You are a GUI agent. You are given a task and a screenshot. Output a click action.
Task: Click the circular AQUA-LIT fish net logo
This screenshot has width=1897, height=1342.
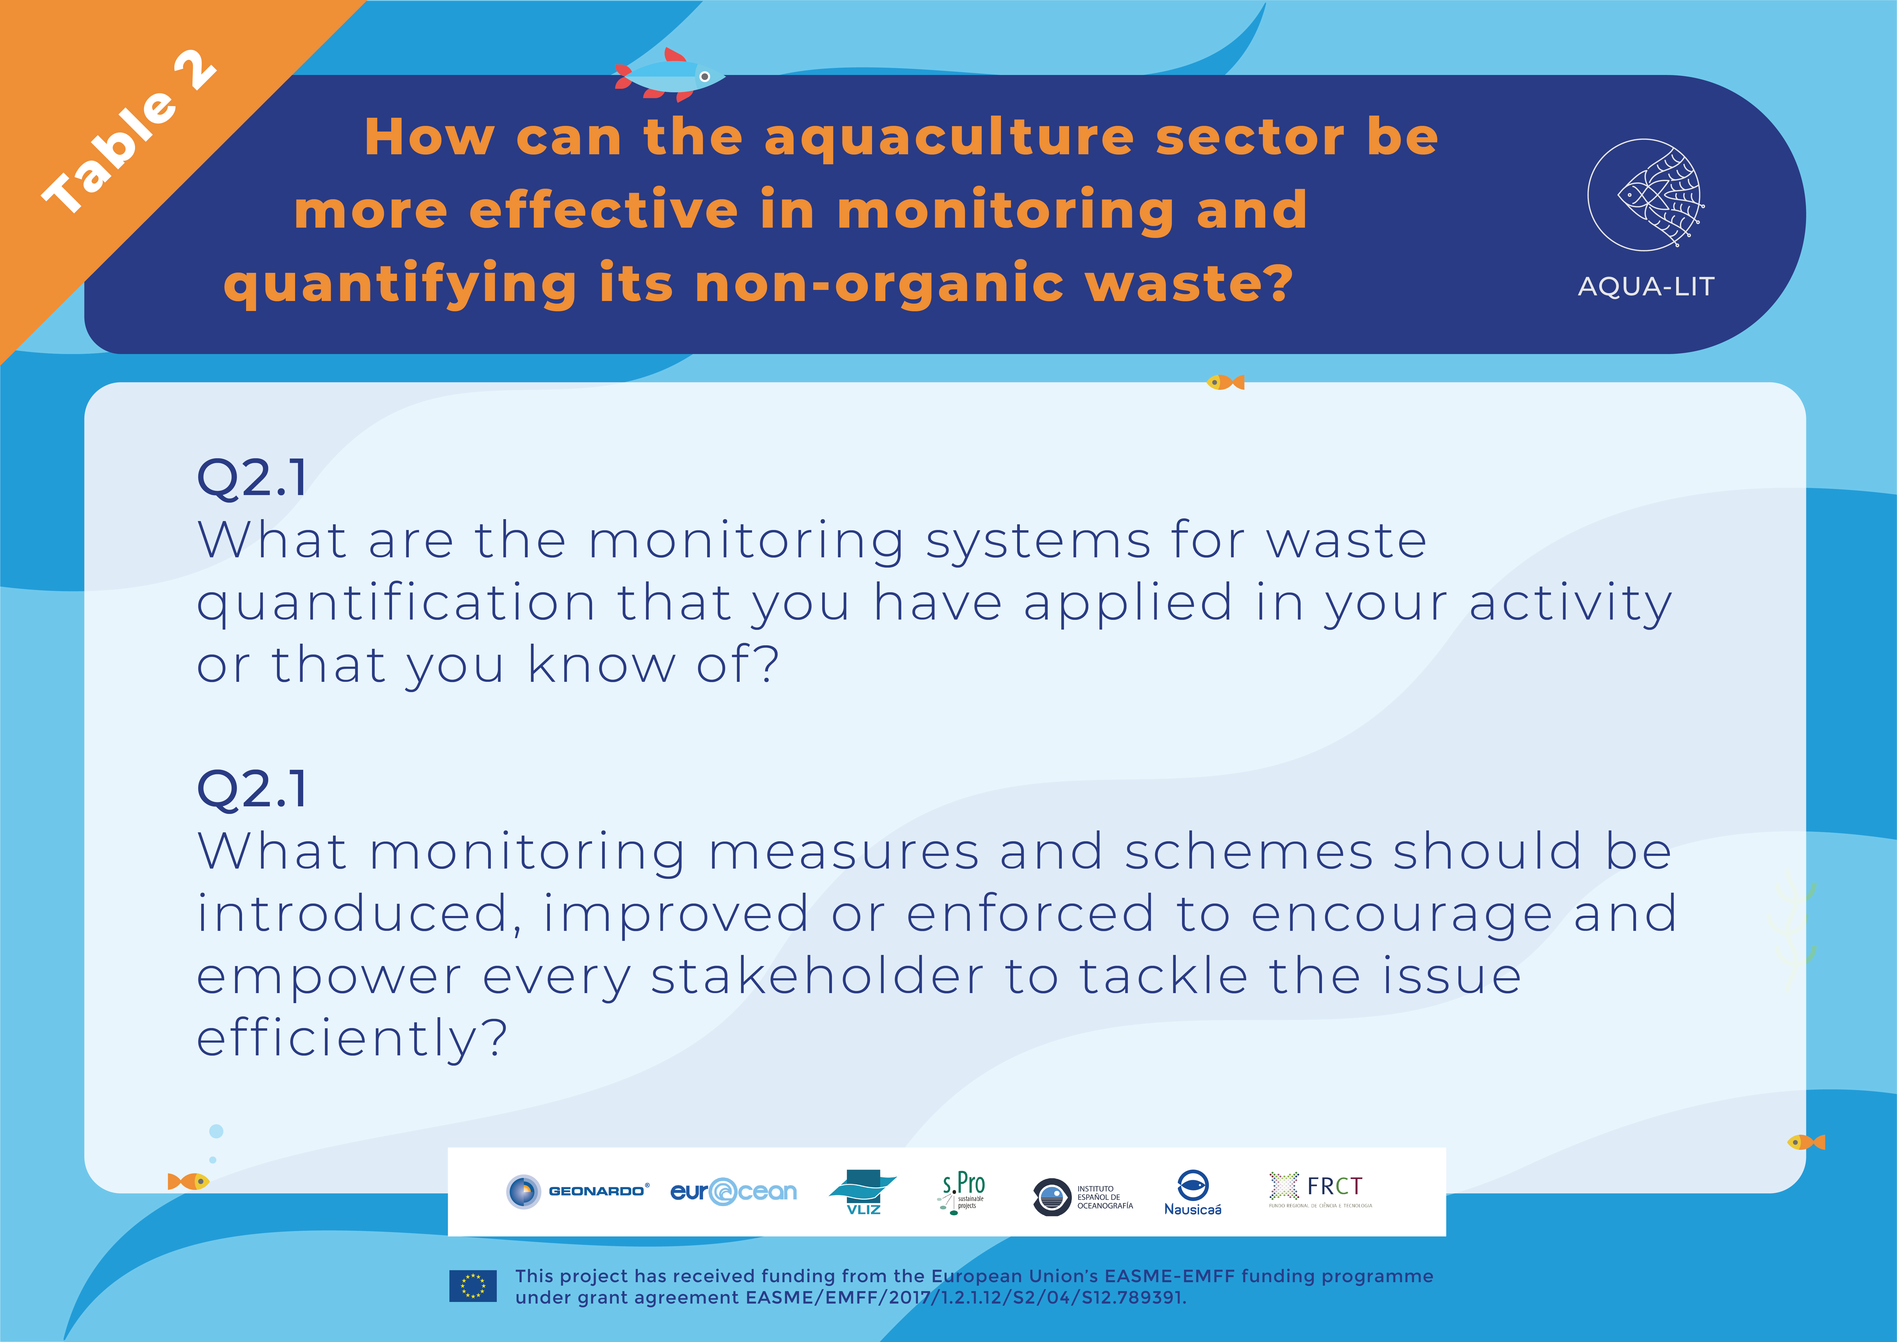pyautogui.click(x=1645, y=195)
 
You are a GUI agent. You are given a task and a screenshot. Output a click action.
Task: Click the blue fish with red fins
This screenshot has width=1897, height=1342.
pyautogui.click(x=668, y=75)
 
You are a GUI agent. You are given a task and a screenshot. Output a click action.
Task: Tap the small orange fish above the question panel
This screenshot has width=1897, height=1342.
pyautogui.click(x=1225, y=382)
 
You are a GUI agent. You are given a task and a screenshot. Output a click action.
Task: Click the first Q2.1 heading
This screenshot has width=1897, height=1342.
pyautogui.click(x=252, y=478)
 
